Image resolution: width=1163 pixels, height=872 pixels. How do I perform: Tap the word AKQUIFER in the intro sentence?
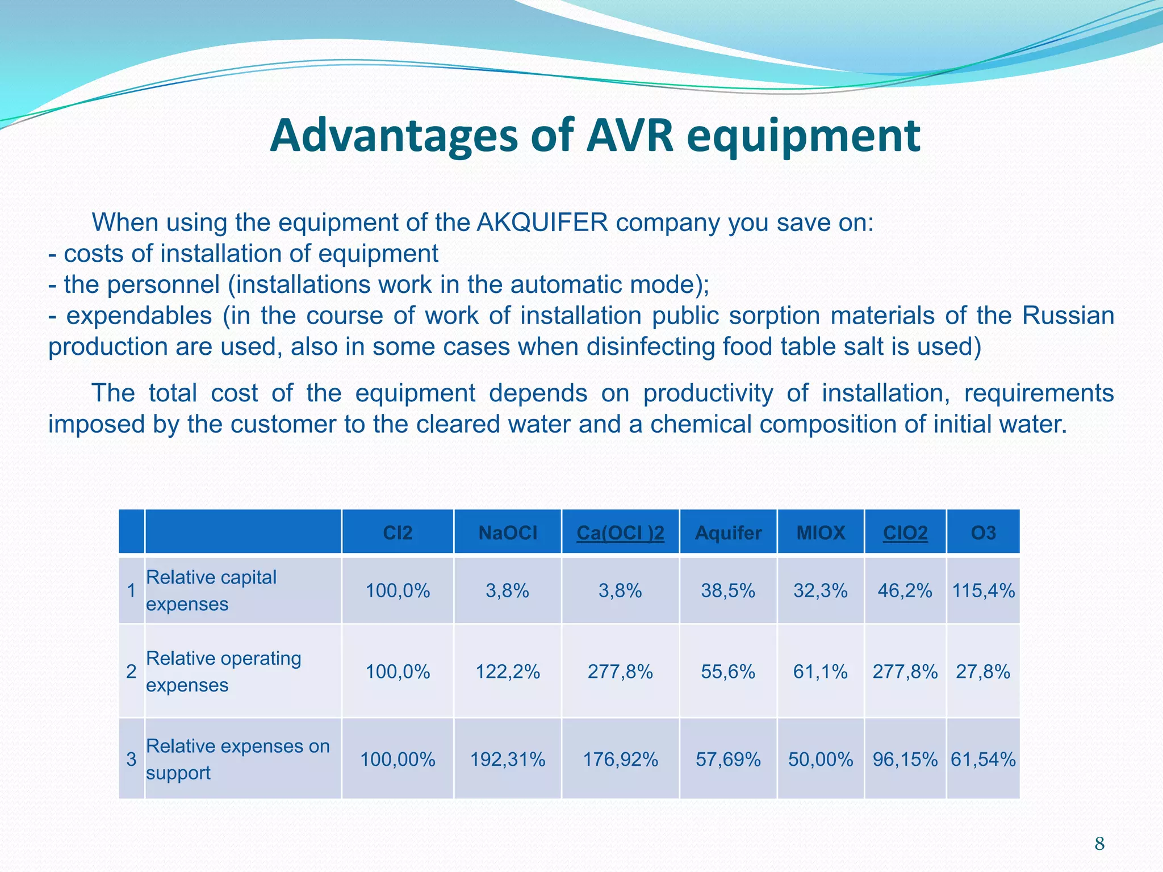click(x=542, y=223)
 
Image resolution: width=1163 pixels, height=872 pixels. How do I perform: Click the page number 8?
click(x=1099, y=844)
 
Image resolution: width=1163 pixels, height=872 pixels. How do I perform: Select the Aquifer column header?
click(x=728, y=533)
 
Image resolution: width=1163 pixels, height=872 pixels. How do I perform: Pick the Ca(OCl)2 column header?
click(x=620, y=533)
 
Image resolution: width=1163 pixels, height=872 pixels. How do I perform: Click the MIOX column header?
click(x=821, y=533)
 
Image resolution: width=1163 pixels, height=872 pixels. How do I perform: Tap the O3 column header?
click(x=983, y=533)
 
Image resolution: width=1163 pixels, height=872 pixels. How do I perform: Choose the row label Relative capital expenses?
click(x=211, y=590)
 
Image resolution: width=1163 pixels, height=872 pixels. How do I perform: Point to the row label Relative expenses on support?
click(x=237, y=759)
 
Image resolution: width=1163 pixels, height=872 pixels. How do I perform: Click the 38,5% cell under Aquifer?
click(x=728, y=591)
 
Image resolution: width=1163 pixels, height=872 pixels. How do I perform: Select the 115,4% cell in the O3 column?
click(x=983, y=591)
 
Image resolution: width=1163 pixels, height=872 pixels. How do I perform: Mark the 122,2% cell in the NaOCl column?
click(x=507, y=672)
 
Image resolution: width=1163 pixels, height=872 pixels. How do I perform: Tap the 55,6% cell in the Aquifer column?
click(x=728, y=672)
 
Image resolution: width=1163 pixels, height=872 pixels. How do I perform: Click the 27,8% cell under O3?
click(x=983, y=672)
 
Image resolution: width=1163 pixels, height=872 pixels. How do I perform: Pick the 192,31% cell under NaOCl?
click(x=507, y=760)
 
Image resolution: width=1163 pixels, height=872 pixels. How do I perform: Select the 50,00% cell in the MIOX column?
click(x=821, y=760)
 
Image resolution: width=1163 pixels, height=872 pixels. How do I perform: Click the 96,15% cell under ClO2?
click(x=905, y=760)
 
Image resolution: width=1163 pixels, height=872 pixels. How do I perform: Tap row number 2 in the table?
click(x=131, y=672)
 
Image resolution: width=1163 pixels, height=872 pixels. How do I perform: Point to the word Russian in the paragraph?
click(x=1068, y=316)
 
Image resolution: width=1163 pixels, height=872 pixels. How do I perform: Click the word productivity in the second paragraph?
click(x=708, y=393)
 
